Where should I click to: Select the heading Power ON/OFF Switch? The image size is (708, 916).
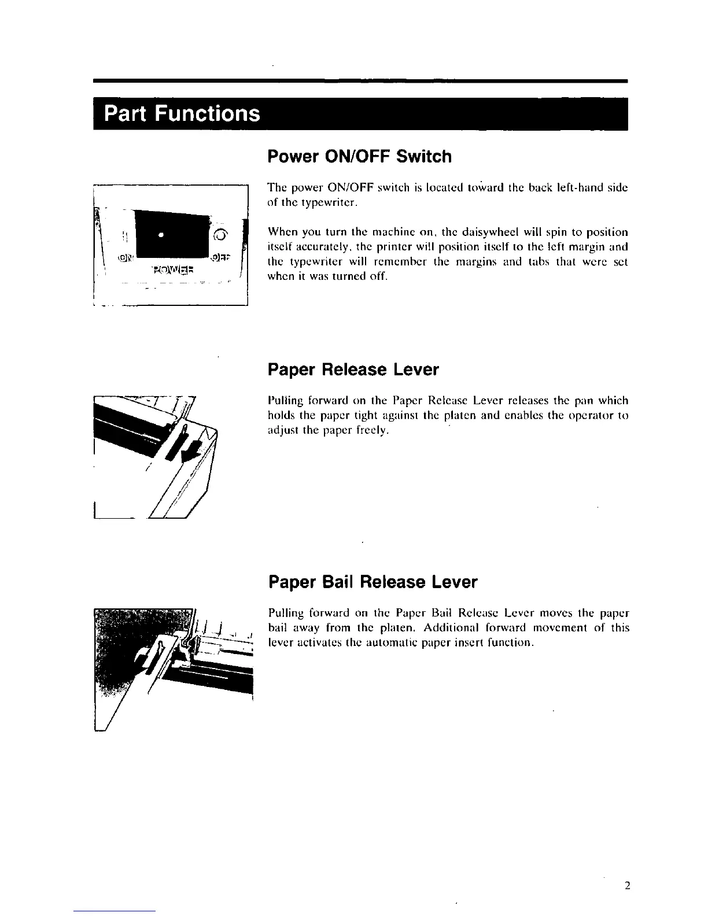tap(359, 156)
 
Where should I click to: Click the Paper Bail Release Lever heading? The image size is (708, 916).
tap(373, 582)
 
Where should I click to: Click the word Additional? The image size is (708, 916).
tap(427, 628)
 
